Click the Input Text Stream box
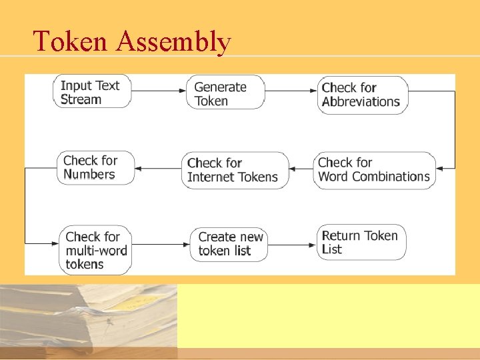point(92,92)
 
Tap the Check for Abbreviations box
point(362,95)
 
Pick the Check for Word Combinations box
point(374,170)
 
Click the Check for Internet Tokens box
point(235,170)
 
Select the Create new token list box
point(230,244)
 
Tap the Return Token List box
point(362,242)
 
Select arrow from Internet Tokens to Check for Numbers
point(159,169)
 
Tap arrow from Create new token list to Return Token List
point(294,243)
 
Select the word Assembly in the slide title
point(173,43)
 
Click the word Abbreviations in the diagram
point(361,102)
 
